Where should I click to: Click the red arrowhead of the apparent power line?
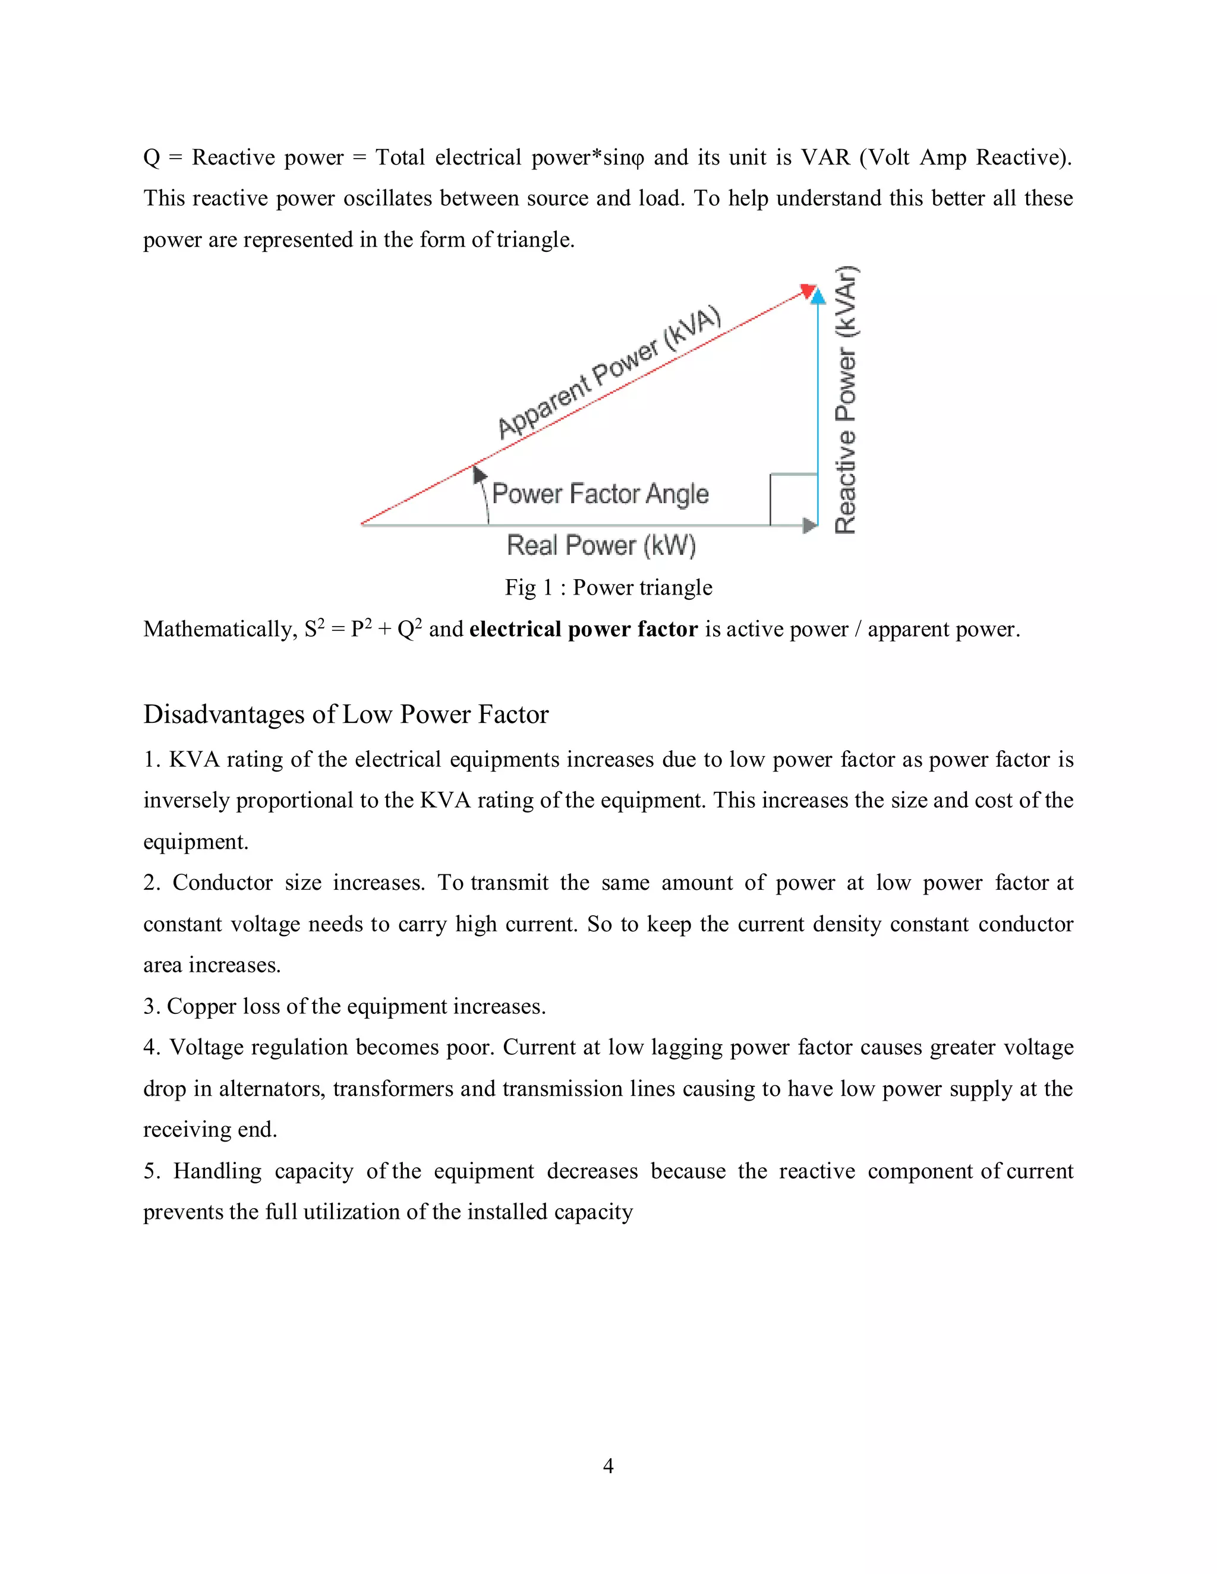pos(808,290)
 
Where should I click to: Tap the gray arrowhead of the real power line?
pos(810,526)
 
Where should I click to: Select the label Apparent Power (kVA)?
pos(609,372)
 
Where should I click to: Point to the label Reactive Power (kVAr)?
pos(846,401)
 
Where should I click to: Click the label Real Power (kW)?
pos(601,546)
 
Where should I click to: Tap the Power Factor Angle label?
pos(600,494)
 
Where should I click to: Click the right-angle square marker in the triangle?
pos(793,500)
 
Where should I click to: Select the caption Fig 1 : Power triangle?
pos(608,587)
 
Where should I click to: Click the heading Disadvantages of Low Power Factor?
pos(345,714)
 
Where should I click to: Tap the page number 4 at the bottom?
pos(608,1465)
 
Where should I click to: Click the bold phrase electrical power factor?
pos(584,629)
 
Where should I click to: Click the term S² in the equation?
pos(314,628)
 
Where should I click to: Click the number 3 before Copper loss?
pos(150,1006)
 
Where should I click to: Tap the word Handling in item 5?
pos(217,1171)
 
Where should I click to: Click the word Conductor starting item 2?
pos(222,883)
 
